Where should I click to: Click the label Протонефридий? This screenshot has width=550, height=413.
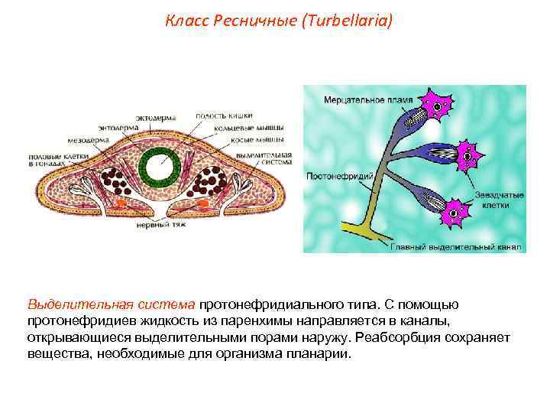click(339, 177)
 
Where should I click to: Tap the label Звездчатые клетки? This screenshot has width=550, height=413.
click(498, 201)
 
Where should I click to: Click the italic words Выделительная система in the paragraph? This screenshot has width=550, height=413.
click(112, 307)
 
